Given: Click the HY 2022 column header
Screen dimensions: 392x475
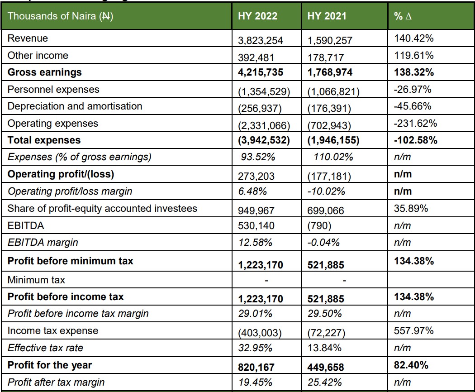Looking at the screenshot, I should (257, 16).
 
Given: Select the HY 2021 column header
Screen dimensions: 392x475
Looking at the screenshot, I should (327, 16).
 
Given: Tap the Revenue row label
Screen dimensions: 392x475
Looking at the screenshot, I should (28, 38).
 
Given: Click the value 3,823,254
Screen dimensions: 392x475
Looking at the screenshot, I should (261, 40).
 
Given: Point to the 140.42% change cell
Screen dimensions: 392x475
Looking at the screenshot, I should (414, 38).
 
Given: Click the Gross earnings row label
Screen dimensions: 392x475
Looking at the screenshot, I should (45, 72).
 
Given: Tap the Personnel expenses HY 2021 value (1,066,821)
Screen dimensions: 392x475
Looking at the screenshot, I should (333, 92).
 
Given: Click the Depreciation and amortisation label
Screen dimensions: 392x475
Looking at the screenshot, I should (75, 106).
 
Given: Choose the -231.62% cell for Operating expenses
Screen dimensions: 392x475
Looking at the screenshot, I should (415, 123).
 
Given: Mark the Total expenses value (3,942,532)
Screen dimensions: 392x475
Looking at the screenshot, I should (263, 140).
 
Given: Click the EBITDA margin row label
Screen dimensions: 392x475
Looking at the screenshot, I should (43, 242).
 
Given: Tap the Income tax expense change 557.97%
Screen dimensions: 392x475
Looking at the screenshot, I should (414, 331).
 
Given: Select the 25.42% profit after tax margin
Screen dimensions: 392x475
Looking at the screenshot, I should (324, 382).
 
